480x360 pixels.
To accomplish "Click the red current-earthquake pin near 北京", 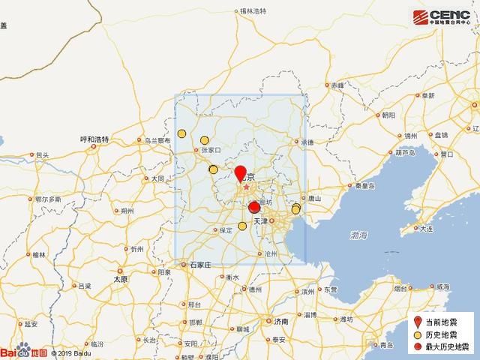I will [241, 174].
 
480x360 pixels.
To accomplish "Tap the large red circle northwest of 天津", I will [254, 207].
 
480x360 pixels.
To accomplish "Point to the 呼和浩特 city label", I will [95, 139].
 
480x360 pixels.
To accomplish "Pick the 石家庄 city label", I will [201, 265].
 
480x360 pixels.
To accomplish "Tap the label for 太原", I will [120, 279].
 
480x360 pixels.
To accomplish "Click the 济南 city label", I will [281, 321].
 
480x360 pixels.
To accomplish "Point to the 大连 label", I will [427, 228].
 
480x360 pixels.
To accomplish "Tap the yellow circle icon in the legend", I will [415, 335].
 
